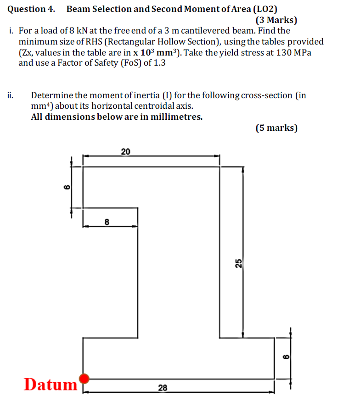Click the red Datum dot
tap(84, 379)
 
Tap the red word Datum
tap(50, 384)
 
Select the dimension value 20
tap(125, 151)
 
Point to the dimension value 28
tap(163, 388)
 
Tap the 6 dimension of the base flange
tap(284, 357)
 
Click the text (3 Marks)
tap(276, 20)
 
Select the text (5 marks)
tap(276, 128)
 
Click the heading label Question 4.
tap(31, 9)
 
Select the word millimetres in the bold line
tap(177, 117)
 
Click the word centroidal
tap(156, 106)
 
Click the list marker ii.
tap(11, 95)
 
